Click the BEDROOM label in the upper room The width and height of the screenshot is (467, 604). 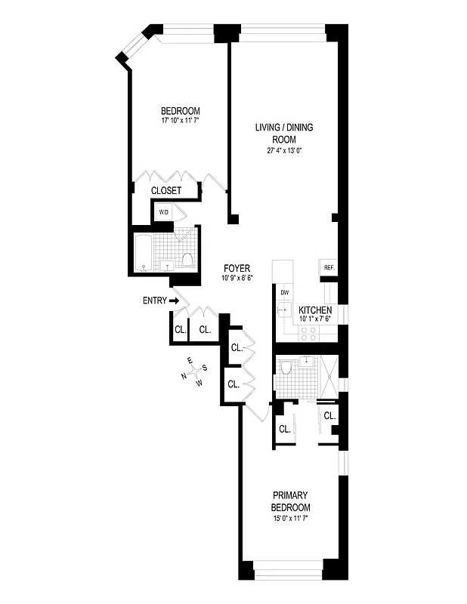pyautogui.click(x=181, y=112)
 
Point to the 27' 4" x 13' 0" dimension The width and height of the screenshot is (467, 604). pyautogui.click(x=283, y=149)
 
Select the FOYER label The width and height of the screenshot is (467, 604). pyautogui.click(x=237, y=269)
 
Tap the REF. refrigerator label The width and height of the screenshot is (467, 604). pyautogui.click(x=329, y=268)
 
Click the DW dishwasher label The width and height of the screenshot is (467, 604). pyautogui.click(x=285, y=292)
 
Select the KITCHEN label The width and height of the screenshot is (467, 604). pyautogui.click(x=314, y=310)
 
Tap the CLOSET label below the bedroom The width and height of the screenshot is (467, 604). pyautogui.click(x=166, y=191)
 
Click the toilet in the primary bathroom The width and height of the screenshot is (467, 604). pyautogui.click(x=286, y=368)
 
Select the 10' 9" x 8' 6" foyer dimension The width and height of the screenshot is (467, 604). pyautogui.click(x=237, y=278)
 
